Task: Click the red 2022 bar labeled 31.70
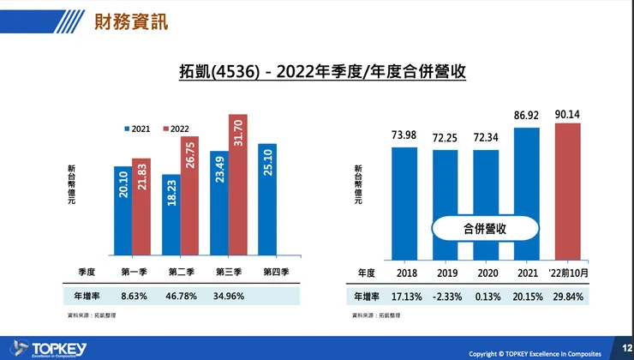238,184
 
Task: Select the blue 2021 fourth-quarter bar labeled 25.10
267,199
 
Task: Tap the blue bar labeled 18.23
170,214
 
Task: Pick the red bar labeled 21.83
141,207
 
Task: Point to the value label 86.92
526,114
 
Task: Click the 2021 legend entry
137,129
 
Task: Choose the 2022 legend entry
176,129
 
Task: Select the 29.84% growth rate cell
568,297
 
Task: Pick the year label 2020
486,272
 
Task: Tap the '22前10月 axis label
568,272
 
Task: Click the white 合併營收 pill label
486,228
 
